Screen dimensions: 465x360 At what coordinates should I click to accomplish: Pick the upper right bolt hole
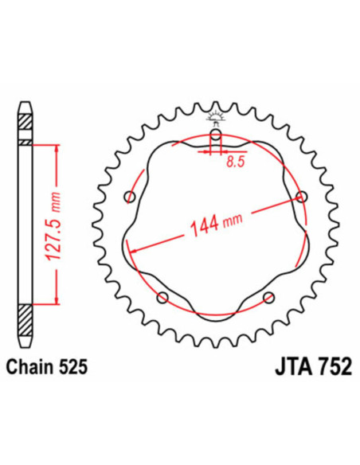(300, 196)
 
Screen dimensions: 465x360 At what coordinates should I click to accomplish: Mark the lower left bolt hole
(162, 298)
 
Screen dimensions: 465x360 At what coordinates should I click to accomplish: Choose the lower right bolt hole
(267, 298)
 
